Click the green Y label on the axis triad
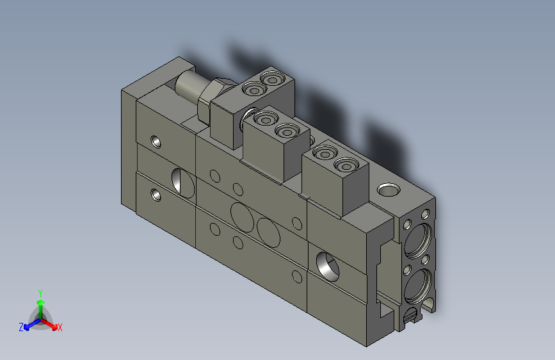click(x=40, y=291)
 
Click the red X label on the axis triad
click(x=60, y=328)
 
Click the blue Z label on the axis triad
click(x=21, y=327)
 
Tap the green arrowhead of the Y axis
click(x=40, y=301)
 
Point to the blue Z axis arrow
click(x=29, y=324)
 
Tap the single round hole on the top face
click(x=387, y=190)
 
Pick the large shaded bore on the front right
click(x=326, y=265)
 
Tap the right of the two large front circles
click(x=269, y=230)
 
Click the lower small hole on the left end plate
click(x=156, y=194)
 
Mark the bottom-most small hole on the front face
click(x=296, y=277)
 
